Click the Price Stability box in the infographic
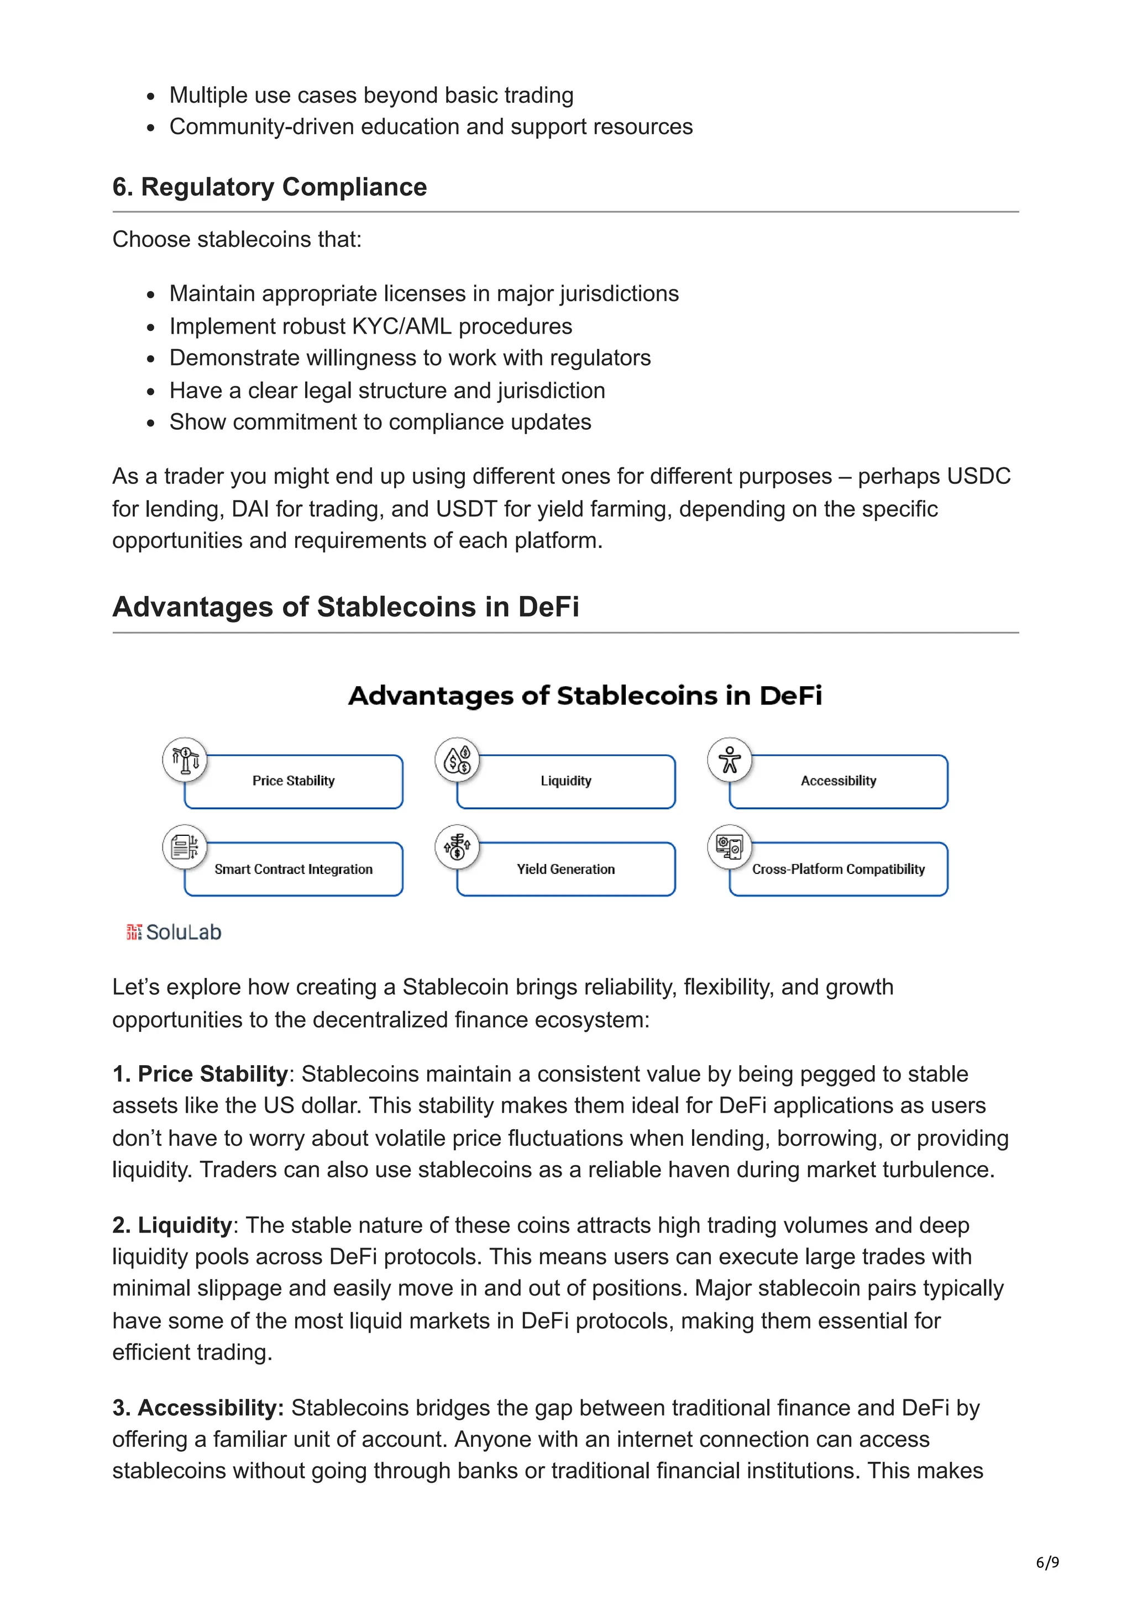click(x=294, y=781)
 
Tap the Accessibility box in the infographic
click(x=838, y=781)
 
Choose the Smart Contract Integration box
click(x=294, y=869)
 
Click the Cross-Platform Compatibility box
click(x=838, y=869)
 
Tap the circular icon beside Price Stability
click(x=185, y=760)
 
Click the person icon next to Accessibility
click(x=730, y=760)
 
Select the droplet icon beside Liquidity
click(x=458, y=760)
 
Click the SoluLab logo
click(x=174, y=933)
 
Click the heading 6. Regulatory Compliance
click(x=269, y=187)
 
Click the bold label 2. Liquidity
click(x=172, y=1225)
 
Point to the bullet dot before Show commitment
click(x=151, y=423)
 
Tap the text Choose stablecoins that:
click(x=237, y=239)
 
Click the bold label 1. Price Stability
click(x=200, y=1074)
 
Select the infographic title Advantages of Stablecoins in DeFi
click(x=585, y=696)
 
